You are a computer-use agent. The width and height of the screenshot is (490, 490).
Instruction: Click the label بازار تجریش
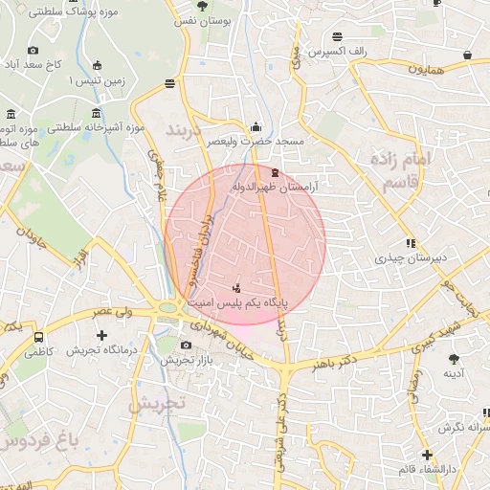184,360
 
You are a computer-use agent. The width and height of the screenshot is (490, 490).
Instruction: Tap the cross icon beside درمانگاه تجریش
102,335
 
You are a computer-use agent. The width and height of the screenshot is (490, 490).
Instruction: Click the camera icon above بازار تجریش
187,345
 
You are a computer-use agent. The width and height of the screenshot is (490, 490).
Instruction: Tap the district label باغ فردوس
38,441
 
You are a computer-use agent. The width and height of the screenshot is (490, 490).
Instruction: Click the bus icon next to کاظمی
38,337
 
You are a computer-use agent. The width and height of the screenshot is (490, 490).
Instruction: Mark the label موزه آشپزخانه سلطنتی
96,127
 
